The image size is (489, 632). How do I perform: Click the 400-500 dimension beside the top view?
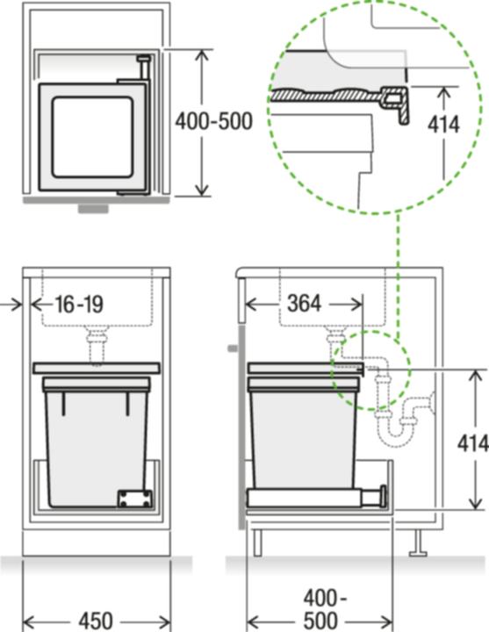coord(213,120)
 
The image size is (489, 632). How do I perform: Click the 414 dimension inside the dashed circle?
coord(443,124)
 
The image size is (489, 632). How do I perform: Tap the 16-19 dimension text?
coord(79,305)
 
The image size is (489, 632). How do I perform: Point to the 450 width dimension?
coord(94,621)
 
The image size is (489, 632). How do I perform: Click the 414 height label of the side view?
coord(472,443)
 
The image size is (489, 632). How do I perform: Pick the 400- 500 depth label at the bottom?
coord(326,609)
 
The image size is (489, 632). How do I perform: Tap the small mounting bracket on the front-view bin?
coord(133,498)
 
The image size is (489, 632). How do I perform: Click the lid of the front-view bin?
coord(96,368)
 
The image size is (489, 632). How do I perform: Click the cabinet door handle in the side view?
coord(232,348)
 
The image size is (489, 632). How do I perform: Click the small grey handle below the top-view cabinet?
coord(93,210)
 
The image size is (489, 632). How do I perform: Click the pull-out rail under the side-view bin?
coord(316,498)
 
